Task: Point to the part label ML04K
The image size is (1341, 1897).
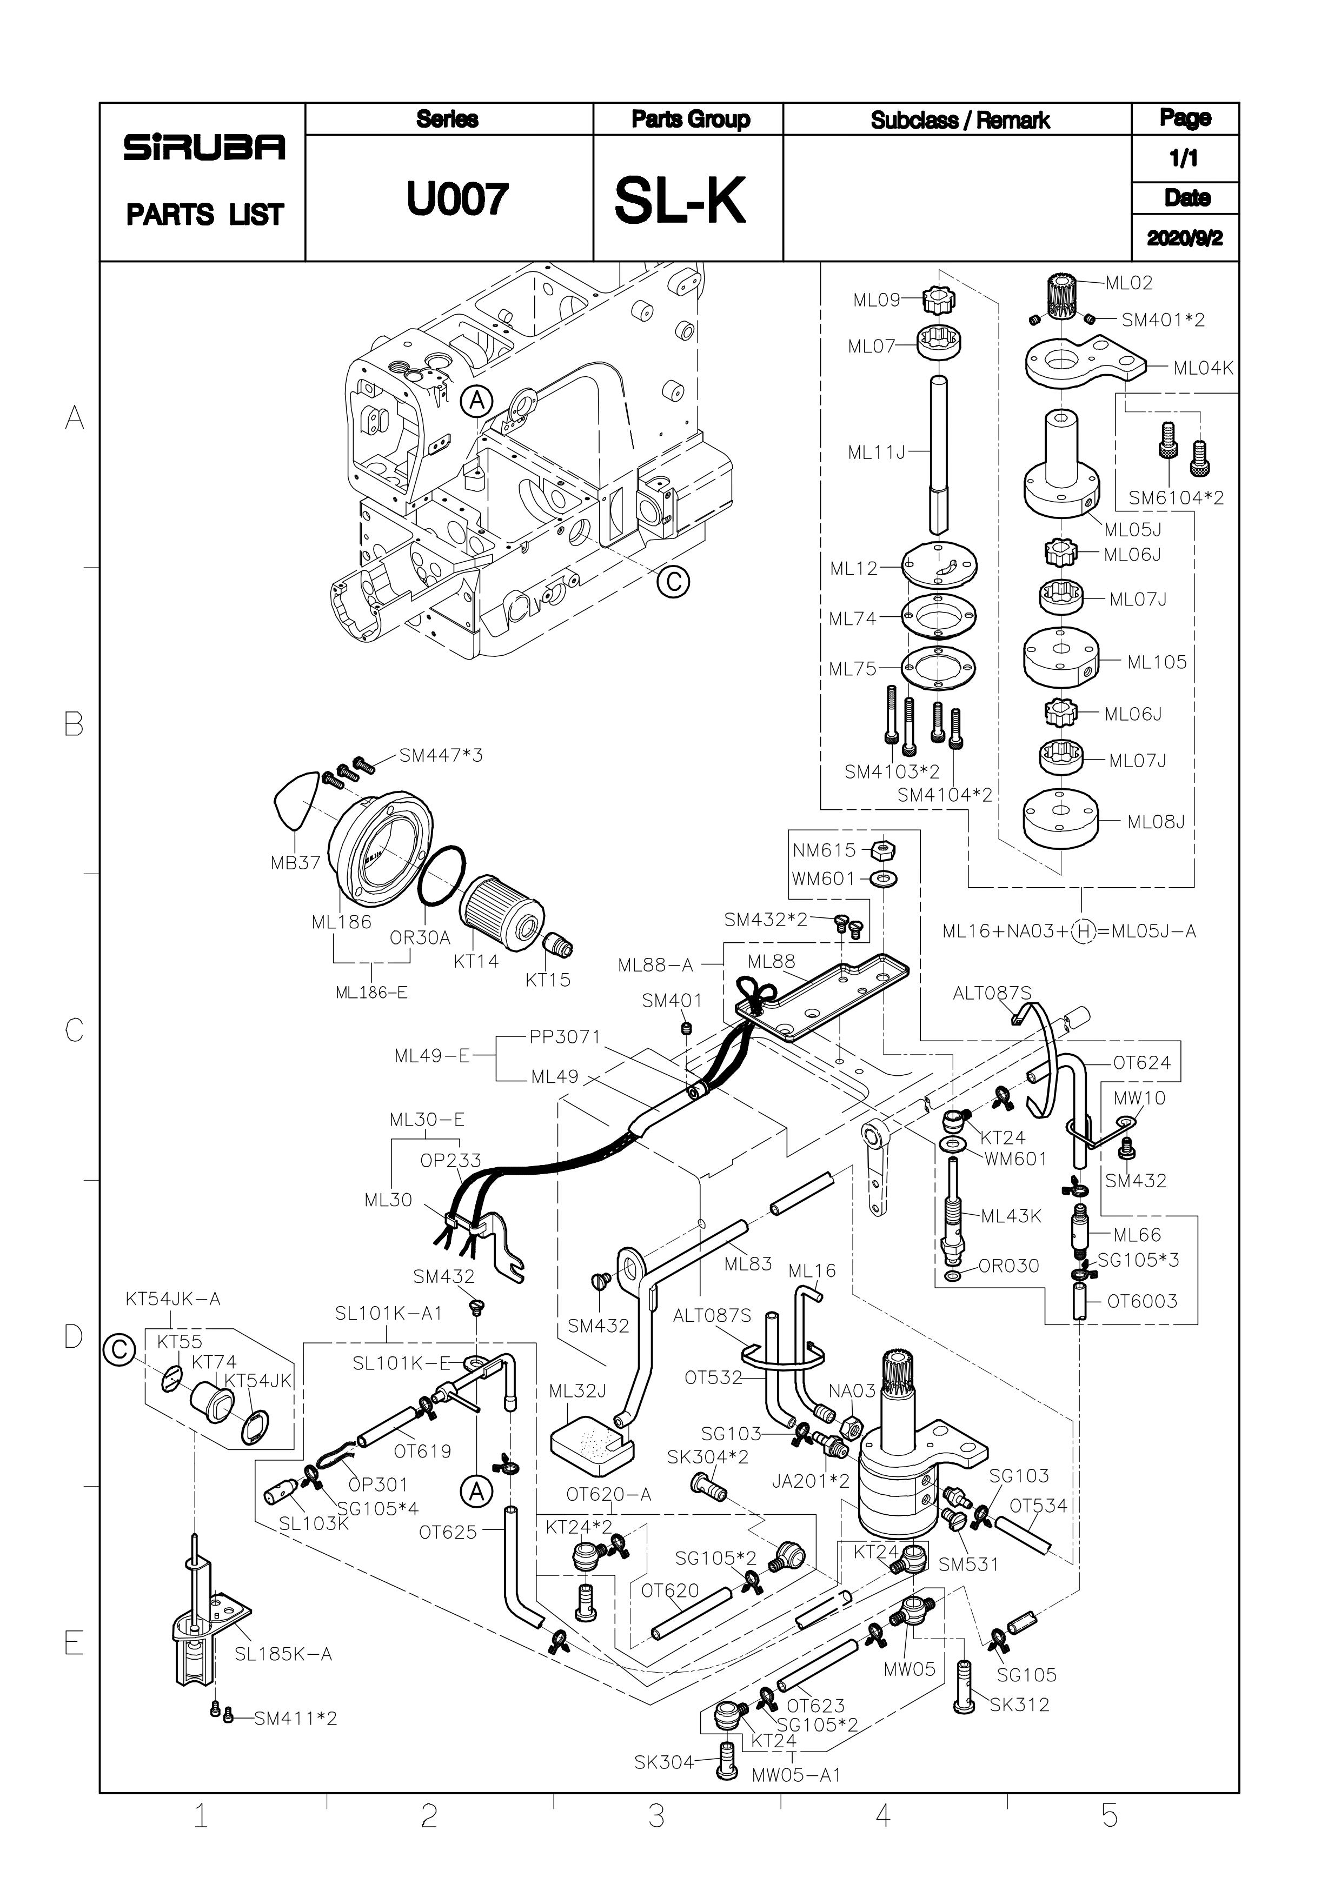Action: click(1203, 369)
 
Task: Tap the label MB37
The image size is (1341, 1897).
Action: click(295, 863)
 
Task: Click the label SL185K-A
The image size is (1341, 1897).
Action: click(283, 1654)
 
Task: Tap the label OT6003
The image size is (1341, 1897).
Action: click(1142, 1301)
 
